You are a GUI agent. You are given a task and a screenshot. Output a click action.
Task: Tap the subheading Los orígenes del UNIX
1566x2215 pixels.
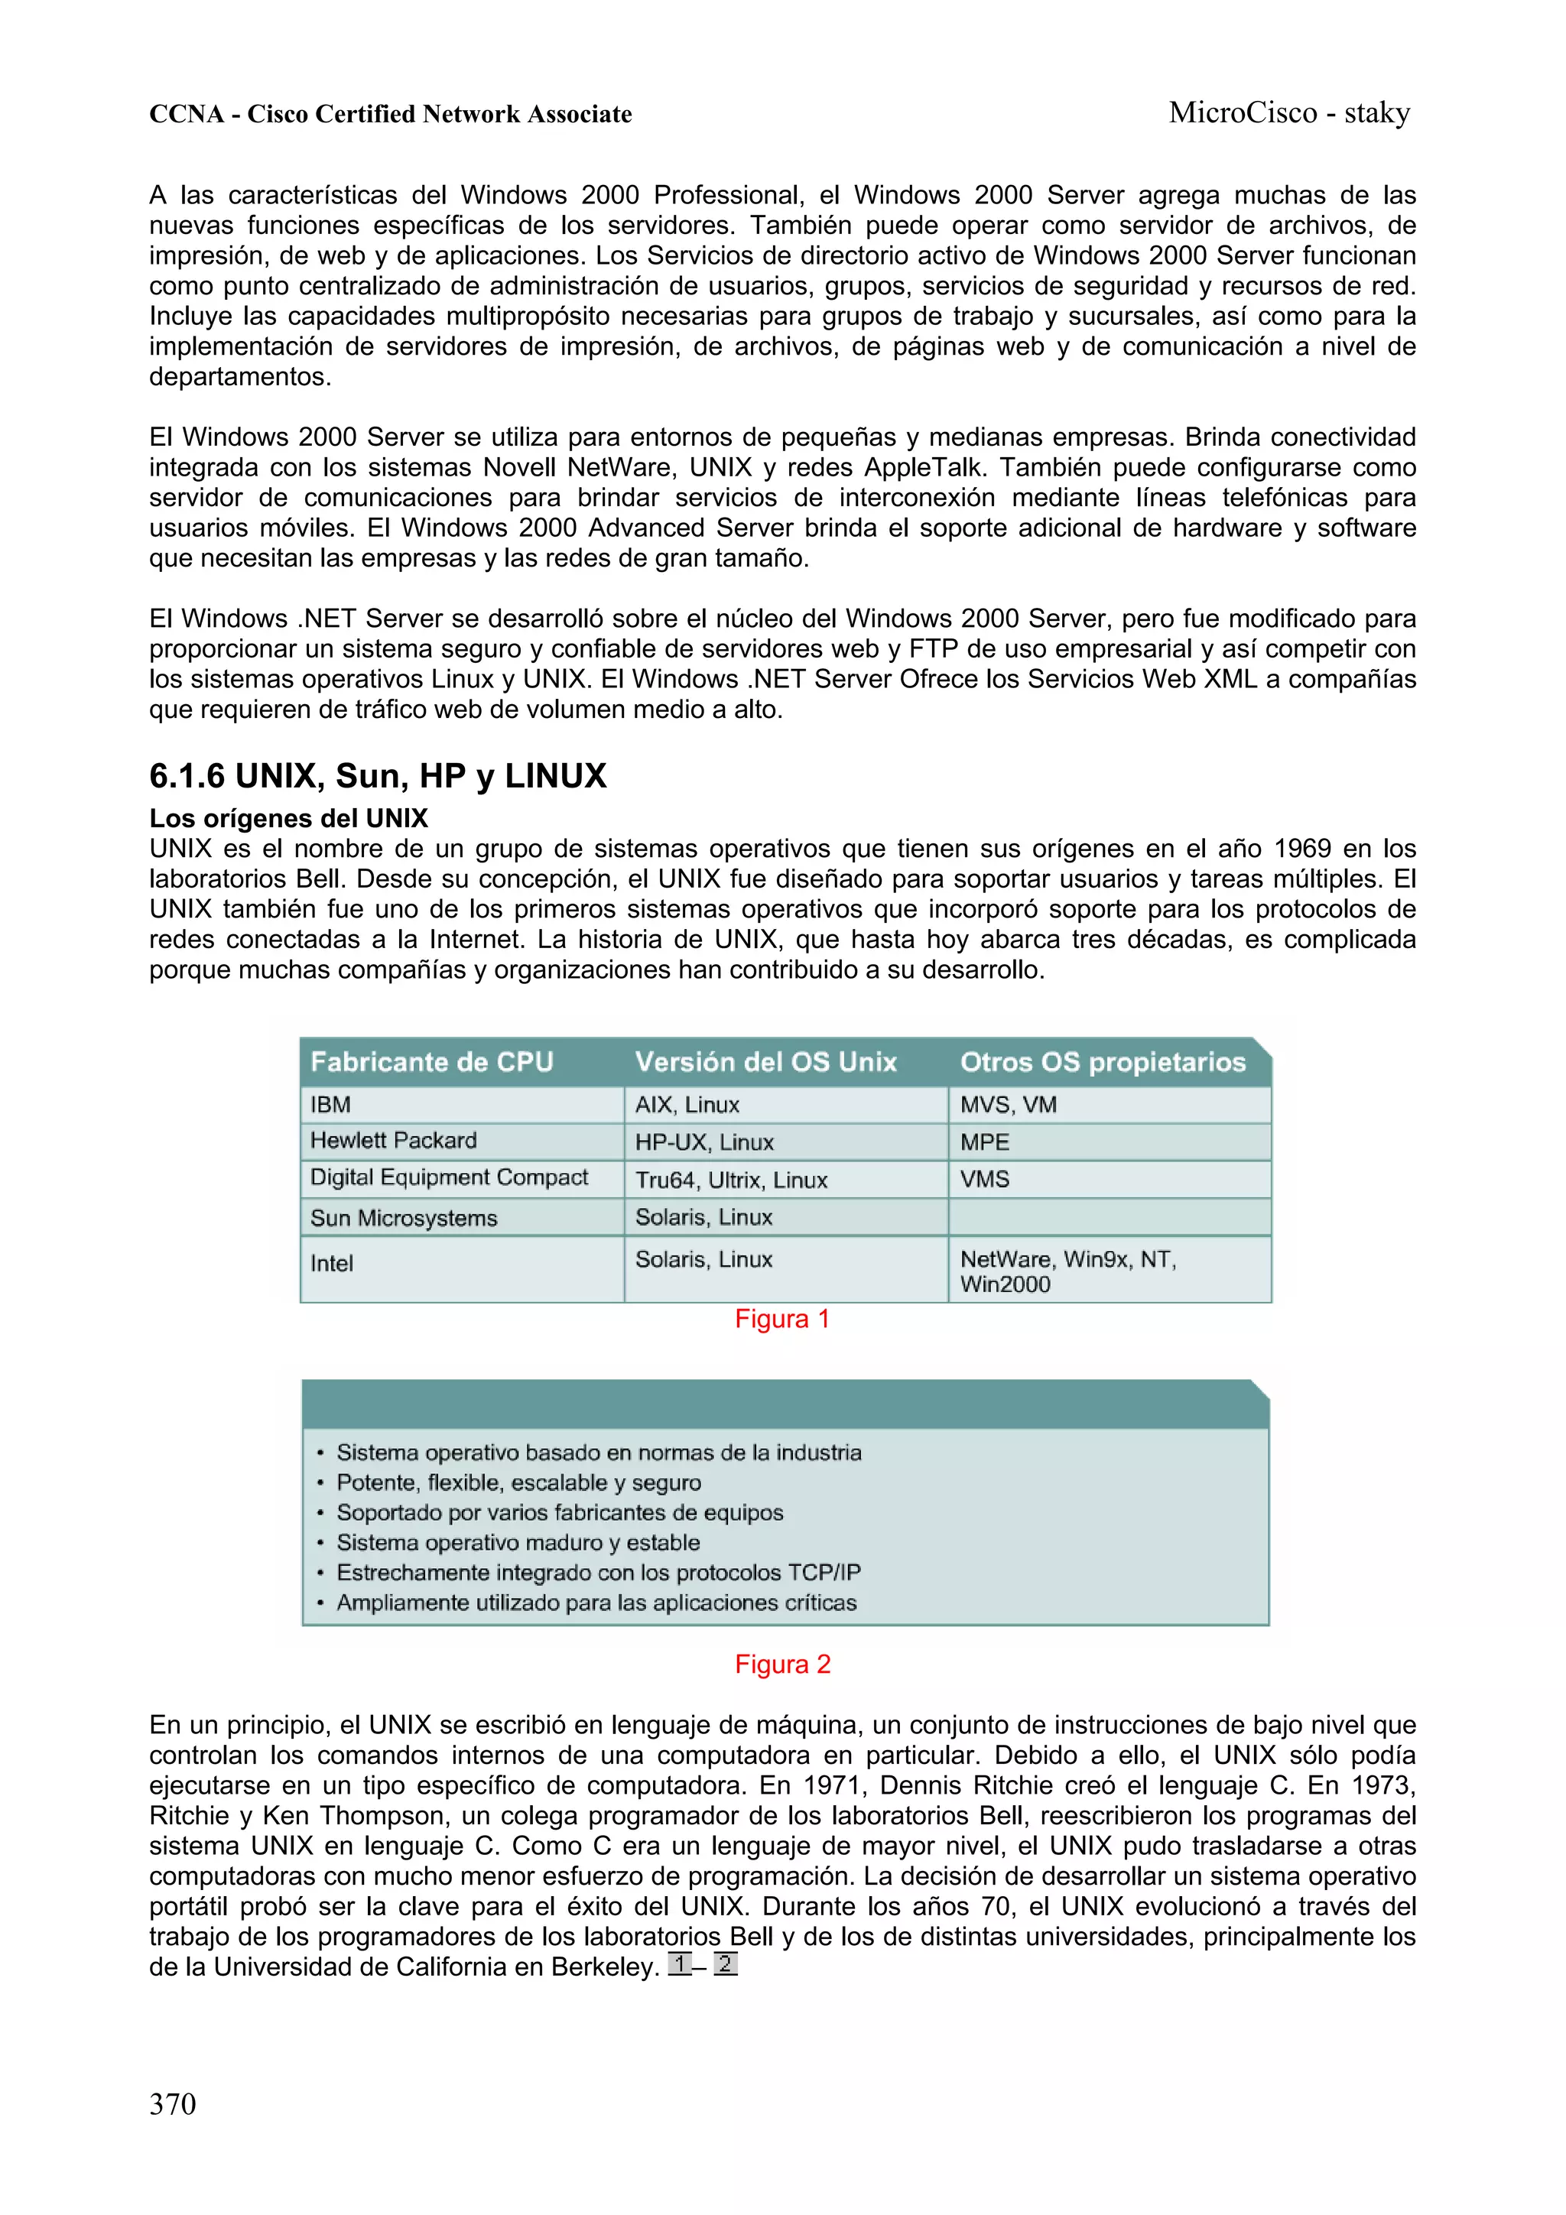click(288, 818)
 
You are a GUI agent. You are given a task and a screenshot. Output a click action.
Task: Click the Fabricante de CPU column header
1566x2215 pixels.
click(431, 1062)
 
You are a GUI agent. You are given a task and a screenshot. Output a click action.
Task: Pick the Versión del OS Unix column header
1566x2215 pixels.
click(765, 1062)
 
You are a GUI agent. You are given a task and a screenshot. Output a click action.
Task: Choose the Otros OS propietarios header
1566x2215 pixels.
click(1102, 1062)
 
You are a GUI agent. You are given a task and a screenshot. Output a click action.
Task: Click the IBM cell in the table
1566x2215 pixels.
click(330, 1105)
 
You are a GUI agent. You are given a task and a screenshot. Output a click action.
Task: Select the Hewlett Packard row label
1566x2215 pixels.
click(393, 1142)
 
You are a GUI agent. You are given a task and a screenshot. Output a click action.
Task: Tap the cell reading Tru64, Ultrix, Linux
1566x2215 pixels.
click(730, 1180)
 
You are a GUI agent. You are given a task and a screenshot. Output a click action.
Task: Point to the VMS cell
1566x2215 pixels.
click(984, 1179)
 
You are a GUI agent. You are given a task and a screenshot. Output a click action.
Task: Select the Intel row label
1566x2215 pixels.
click(331, 1263)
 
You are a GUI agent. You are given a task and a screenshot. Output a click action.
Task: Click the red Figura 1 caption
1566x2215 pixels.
click(781, 1319)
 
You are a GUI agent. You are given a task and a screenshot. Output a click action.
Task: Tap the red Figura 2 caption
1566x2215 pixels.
click(781, 1664)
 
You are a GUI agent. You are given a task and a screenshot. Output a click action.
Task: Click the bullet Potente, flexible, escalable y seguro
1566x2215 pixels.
click(518, 1483)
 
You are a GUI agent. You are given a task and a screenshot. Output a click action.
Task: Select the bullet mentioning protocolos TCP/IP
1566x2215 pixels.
click(597, 1573)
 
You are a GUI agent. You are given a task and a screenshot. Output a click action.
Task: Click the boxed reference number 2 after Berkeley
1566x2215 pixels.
click(725, 1963)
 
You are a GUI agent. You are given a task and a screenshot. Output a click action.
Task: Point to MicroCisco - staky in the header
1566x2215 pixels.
click(1288, 113)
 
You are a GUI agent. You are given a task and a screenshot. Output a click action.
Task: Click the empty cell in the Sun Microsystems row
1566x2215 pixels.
click(1109, 1217)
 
